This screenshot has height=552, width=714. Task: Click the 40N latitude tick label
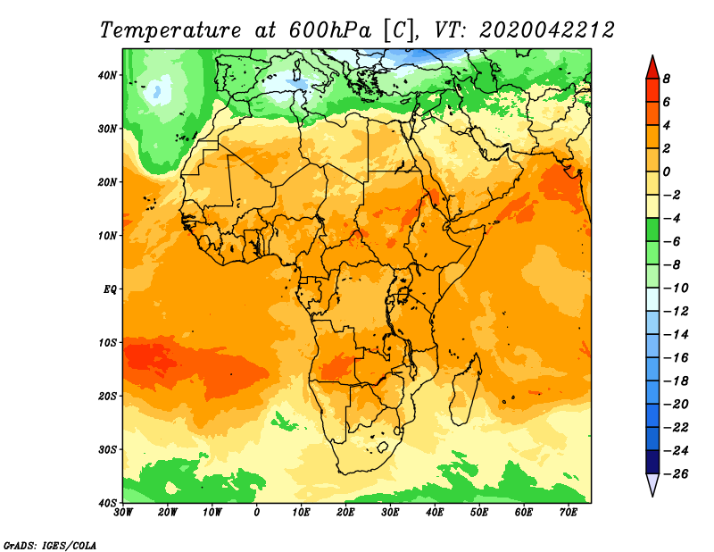pyautogui.click(x=107, y=75)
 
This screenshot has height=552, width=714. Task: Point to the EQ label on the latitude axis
pyautogui.click(x=110, y=289)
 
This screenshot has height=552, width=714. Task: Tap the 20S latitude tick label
pyautogui.click(x=107, y=397)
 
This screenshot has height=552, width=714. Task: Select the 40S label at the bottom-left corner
pyautogui.click(x=107, y=503)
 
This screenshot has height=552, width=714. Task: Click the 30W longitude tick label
pyautogui.click(x=123, y=513)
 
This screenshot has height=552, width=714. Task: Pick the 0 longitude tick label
pyautogui.click(x=257, y=513)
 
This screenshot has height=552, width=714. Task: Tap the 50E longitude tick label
pyautogui.click(x=479, y=513)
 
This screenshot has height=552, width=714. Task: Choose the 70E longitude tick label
pyautogui.click(x=569, y=513)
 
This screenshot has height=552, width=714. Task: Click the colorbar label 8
pyautogui.click(x=667, y=79)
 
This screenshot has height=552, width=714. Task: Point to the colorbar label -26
pyautogui.click(x=676, y=474)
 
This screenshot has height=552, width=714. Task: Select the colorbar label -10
pyautogui.click(x=676, y=289)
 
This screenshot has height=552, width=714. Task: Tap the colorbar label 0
pyautogui.click(x=667, y=171)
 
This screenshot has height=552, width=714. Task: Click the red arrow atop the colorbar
pyautogui.click(x=652, y=68)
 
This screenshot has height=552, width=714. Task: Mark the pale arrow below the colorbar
pyautogui.click(x=652, y=484)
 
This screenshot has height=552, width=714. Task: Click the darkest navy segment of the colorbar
pyautogui.click(x=652, y=462)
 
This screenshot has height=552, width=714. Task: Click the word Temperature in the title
pyautogui.click(x=170, y=30)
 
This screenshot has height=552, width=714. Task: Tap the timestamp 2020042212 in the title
pyautogui.click(x=546, y=30)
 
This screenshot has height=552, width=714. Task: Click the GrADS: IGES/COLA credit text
pyautogui.click(x=50, y=546)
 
